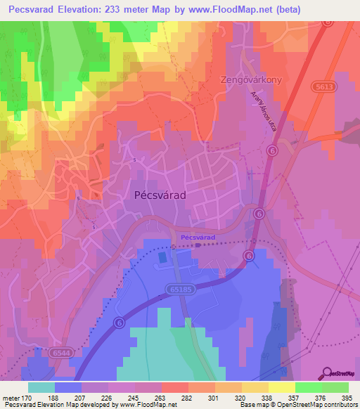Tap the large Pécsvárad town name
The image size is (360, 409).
tap(160, 196)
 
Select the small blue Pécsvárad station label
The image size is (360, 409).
tap(198, 238)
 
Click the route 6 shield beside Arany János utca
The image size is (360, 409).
tap(273, 150)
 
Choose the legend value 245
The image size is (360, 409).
tap(131, 397)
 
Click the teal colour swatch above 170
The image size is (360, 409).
tap(41, 387)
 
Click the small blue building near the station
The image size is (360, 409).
tap(163, 257)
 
